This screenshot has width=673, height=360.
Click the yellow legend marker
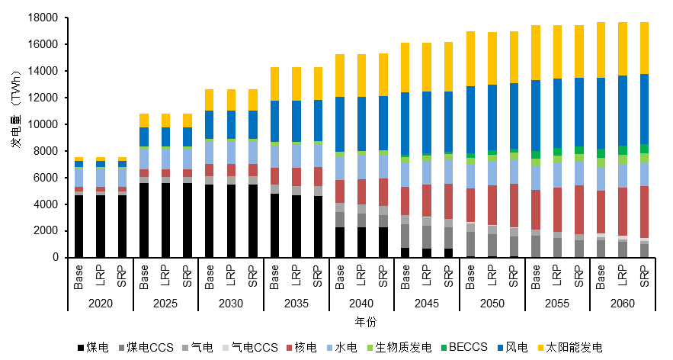[540, 348]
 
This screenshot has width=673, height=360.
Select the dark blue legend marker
[500, 348]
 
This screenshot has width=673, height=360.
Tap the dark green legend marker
[444, 348]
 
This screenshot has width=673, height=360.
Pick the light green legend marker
[370, 348]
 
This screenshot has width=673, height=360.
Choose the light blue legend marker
[329, 348]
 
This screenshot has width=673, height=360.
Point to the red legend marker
[289, 348]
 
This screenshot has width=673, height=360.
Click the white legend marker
[225, 348]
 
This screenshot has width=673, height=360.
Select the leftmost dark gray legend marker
[121, 348]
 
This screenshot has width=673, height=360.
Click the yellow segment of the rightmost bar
[644, 47]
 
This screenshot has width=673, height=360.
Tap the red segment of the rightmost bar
[644, 211]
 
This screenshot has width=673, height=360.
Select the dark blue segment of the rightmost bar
[644, 108]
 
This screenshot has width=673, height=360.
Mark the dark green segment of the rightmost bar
[644, 149]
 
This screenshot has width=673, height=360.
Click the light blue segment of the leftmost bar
[79, 177]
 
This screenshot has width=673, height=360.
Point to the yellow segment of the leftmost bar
[79, 159]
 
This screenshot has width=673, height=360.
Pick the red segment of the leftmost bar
[79, 189]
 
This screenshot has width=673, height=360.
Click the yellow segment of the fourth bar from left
[144, 121]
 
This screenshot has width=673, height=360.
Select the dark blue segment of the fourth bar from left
[144, 137]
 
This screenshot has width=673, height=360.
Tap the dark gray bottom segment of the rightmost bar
[644, 250]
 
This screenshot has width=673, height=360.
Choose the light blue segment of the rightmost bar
[644, 174]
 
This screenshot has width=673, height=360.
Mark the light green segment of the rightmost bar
[644, 158]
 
